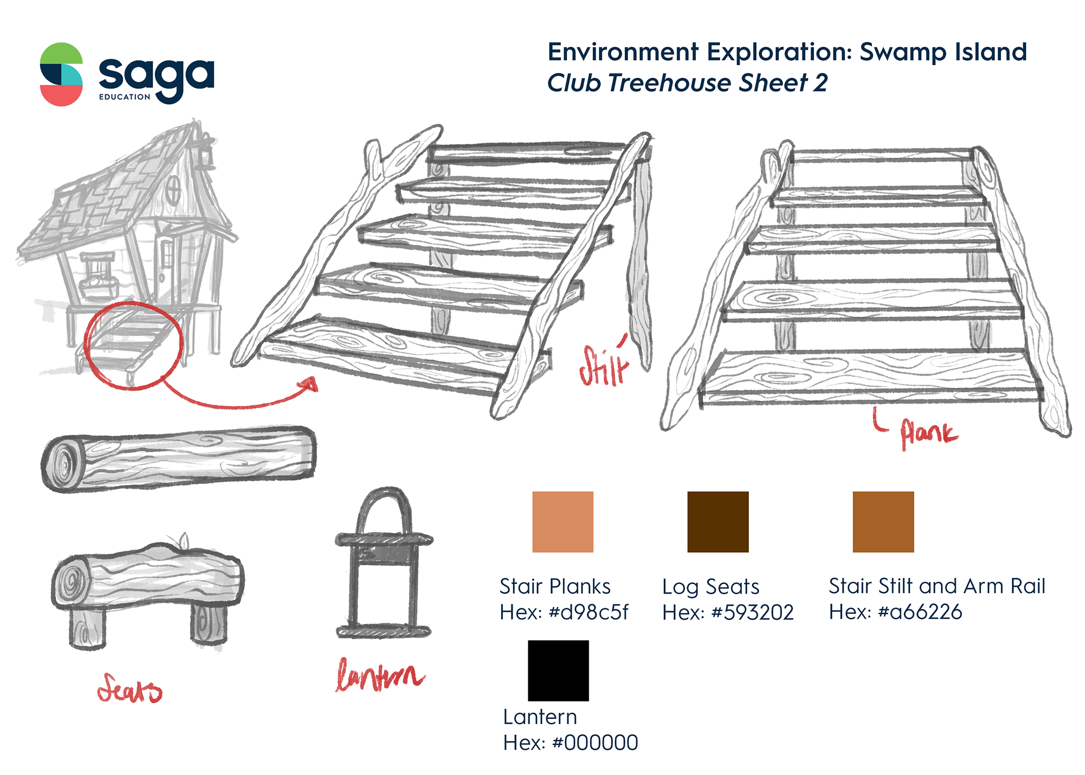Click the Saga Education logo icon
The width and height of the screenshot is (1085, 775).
[62, 74]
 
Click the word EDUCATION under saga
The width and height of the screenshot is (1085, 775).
[124, 97]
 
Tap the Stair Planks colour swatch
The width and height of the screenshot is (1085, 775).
[563, 522]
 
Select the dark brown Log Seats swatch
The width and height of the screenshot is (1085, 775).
[718, 522]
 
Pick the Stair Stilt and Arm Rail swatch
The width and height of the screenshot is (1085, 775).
[883, 522]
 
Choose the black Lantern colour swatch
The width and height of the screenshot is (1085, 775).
[558, 670]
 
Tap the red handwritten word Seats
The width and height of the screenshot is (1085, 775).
[129, 689]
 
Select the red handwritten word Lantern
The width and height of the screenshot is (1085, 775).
[380, 676]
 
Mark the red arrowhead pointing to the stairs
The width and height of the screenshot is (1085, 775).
[309, 386]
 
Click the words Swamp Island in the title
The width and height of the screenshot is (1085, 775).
[943, 52]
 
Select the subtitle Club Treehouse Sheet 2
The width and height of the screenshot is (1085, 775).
[687, 83]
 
